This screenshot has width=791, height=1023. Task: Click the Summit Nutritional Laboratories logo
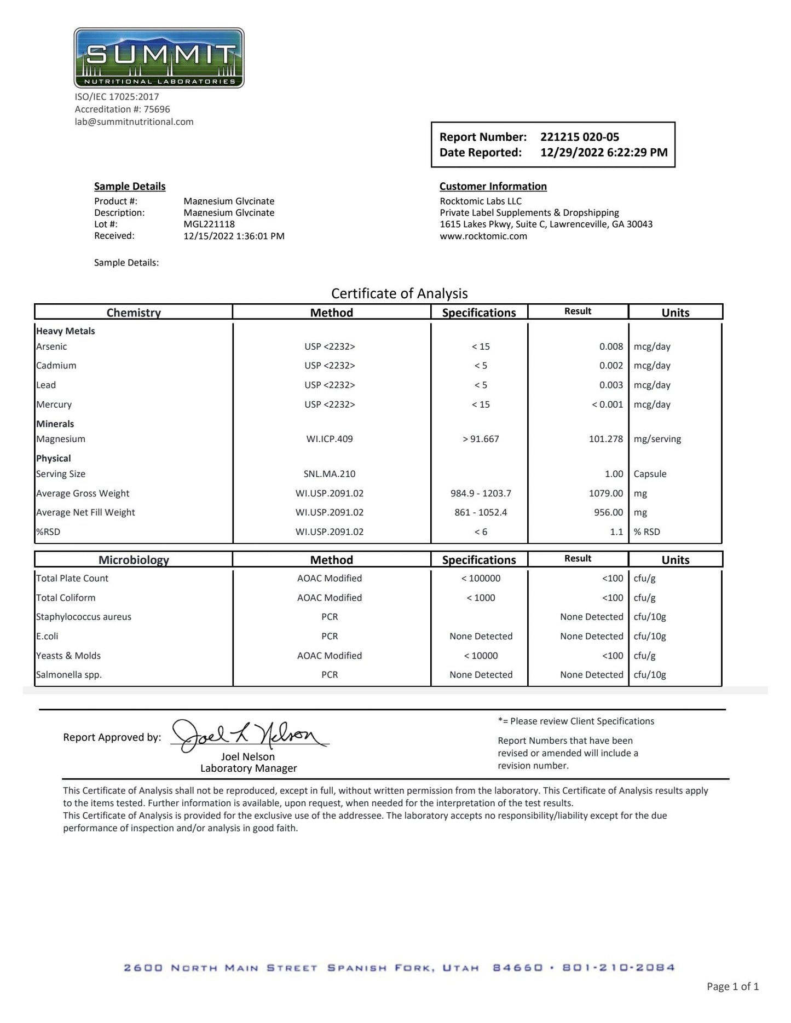pyautogui.click(x=159, y=58)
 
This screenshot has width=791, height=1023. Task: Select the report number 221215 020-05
pyautogui.click(x=579, y=137)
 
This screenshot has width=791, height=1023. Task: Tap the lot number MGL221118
pyautogui.click(x=209, y=224)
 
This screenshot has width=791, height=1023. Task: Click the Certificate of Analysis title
pyautogui.click(x=399, y=293)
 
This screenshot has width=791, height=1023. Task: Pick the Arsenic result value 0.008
pyautogui.click(x=611, y=346)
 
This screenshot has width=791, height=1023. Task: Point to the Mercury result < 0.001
pyautogui.click(x=607, y=404)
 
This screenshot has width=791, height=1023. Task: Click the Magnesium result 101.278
pyautogui.click(x=605, y=439)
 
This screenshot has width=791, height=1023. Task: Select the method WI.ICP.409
pyautogui.click(x=330, y=439)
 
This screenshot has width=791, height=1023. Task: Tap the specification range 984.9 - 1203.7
pyautogui.click(x=481, y=493)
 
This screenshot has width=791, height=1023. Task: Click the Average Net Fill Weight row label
pyautogui.click(x=85, y=512)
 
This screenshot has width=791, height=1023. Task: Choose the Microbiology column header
pyautogui.click(x=134, y=559)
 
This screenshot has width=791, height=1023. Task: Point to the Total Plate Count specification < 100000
pyautogui.click(x=481, y=579)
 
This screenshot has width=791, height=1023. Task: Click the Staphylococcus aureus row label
pyautogui.click(x=84, y=617)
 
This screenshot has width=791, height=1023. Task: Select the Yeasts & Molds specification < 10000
pyautogui.click(x=481, y=656)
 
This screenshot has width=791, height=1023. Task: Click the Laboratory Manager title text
pyautogui.click(x=249, y=768)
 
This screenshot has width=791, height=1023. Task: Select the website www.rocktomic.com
pyautogui.click(x=483, y=236)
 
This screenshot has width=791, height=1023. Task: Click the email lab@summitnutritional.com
pyautogui.click(x=134, y=122)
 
